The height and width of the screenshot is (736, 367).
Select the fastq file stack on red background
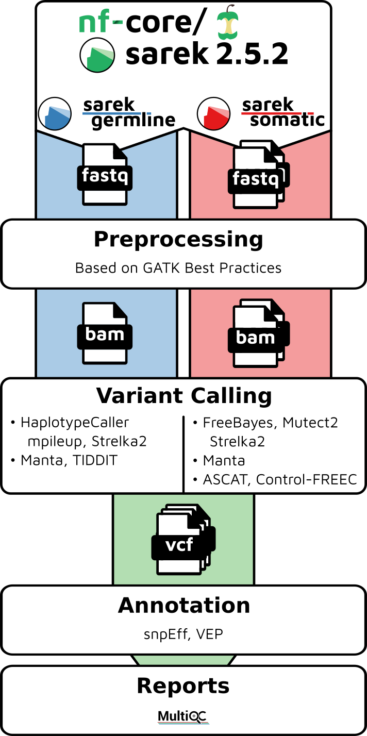click(x=258, y=175)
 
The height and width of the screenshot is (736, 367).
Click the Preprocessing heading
click(x=178, y=240)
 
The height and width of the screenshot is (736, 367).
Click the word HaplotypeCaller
click(x=75, y=423)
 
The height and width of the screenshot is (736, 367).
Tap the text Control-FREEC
click(x=307, y=479)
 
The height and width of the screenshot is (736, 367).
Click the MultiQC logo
click(x=183, y=716)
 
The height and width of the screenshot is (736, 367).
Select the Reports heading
click(x=183, y=686)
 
